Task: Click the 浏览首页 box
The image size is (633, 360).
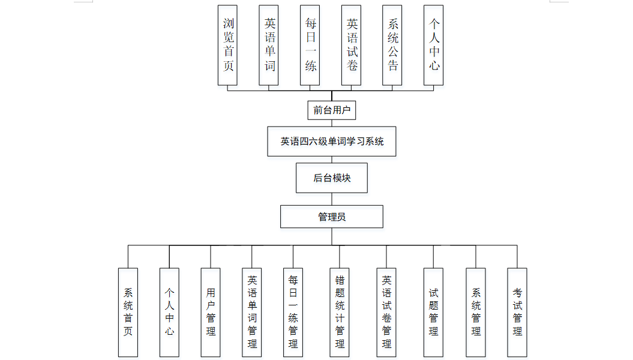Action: [227, 45]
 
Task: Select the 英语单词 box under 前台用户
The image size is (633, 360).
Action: [269, 45]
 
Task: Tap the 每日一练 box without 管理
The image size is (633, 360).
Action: [310, 45]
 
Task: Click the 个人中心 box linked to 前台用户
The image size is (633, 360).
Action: [434, 45]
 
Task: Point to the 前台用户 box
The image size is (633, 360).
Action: [332, 110]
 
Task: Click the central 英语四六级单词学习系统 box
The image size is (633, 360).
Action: [332, 142]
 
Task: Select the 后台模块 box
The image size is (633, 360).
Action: [332, 178]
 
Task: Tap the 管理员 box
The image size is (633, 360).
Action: [332, 217]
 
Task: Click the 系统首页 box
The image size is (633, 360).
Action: [128, 312]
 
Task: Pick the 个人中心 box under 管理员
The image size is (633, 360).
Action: [169, 312]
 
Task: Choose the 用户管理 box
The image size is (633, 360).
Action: [211, 312]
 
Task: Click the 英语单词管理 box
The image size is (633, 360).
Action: [252, 312]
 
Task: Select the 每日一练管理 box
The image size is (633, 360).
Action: [293, 312]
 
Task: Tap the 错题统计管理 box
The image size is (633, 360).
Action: [340, 312]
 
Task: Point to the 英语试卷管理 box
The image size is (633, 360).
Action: [386, 312]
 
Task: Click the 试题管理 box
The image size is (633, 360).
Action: [433, 312]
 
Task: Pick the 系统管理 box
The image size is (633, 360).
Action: [476, 312]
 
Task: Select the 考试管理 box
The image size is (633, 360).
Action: [517, 312]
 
